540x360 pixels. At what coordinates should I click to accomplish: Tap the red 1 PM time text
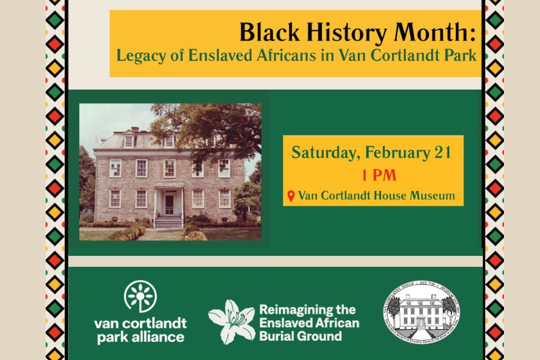[372, 174]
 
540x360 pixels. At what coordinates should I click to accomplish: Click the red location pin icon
[291, 195]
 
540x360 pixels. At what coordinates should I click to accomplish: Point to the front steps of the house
[169, 222]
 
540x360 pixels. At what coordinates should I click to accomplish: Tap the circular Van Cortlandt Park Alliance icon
[140, 298]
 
